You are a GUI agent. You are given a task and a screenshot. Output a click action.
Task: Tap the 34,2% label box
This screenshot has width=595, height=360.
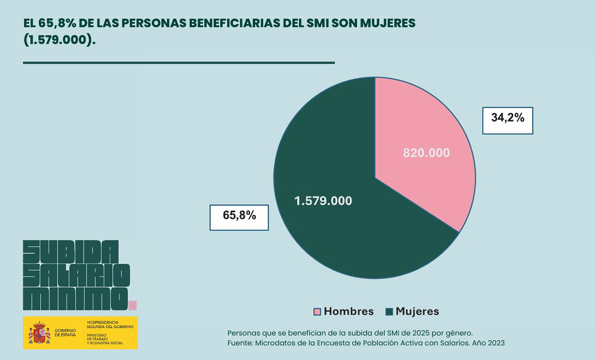tap(508, 120)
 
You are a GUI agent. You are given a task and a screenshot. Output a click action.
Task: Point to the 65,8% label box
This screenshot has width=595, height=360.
tap(239, 217)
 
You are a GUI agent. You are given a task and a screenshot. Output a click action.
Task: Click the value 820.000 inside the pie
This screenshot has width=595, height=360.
tap(426, 153)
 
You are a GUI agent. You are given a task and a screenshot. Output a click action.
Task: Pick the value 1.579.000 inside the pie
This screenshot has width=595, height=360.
tap(323, 201)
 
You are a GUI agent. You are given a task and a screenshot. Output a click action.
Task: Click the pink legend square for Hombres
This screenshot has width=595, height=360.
tap(317, 312)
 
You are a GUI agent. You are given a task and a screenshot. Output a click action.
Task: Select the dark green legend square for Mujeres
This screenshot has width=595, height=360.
tap(389, 312)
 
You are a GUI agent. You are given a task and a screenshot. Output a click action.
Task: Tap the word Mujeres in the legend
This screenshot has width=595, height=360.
tap(417, 311)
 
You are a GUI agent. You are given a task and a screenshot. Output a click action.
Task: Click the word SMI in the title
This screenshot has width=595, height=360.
tap(317, 23)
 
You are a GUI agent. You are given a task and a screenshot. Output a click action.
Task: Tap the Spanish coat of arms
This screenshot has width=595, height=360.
tap(40, 333)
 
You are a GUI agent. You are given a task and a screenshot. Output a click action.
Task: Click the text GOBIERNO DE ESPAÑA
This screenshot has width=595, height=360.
tap(65, 333)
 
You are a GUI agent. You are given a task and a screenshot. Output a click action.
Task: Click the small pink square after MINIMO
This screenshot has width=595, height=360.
tap(132, 305)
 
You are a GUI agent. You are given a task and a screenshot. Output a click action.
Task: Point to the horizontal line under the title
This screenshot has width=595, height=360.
tap(178, 63)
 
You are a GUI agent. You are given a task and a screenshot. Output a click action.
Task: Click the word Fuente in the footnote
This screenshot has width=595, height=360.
tap(239, 343)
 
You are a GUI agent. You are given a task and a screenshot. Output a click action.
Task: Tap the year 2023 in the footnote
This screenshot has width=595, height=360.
tap(496, 343)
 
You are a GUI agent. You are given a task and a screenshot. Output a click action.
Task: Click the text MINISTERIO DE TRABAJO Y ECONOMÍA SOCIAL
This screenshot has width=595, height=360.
tap(105, 339)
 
